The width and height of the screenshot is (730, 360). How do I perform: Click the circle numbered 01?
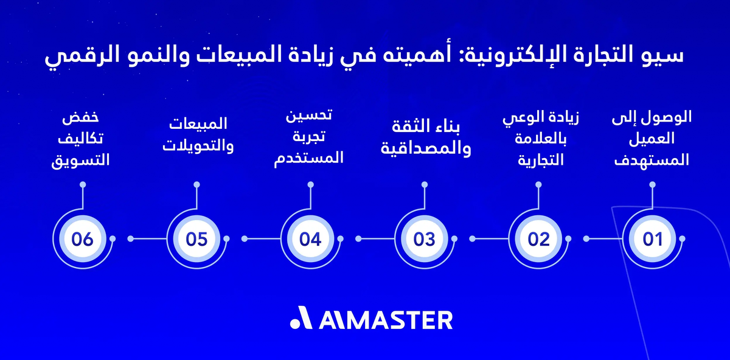click(x=652, y=239)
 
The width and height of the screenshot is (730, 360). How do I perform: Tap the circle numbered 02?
click(x=538, y=239)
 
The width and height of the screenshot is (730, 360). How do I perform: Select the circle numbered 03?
click(x=424, y=239)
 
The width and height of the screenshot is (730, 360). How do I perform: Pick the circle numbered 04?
click(x=310, y=239)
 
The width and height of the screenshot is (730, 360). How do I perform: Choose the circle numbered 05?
click(x=196, y=239)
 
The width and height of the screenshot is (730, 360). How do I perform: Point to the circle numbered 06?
click(x=82, y=239)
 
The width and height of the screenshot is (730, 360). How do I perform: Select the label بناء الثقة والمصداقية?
click(x=425, y=138)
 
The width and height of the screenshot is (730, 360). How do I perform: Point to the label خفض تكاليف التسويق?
click(x=83, y=139)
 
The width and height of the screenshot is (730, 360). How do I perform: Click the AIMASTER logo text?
click(x=385, y=320)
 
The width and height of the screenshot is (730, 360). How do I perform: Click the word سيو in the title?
click(x=667, y=56)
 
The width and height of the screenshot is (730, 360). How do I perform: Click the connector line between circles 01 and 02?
click(x=596, y=239)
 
